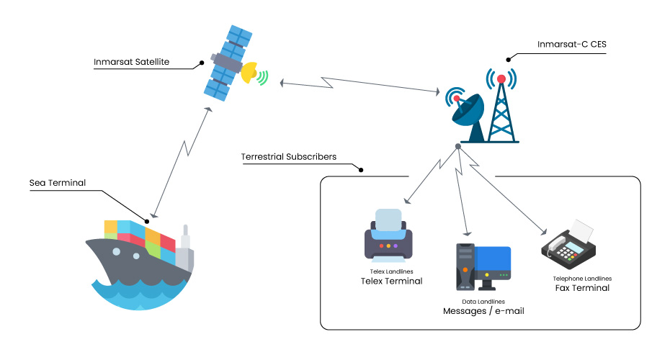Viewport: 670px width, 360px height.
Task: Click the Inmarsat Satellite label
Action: [x=131, y=62]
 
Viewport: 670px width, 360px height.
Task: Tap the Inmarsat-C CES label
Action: [x=572, y=44]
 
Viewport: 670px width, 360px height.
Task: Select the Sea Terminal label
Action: [x=58, y=183]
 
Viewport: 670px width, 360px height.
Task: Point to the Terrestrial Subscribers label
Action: [x=289, y=156]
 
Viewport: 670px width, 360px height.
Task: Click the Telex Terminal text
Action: [x=391, y=281]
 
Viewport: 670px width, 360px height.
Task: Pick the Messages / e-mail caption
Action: [x=483, y=311]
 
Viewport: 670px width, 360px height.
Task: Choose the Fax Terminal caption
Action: [x=582, y=288]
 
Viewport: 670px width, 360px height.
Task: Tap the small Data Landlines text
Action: [x=483, y=301]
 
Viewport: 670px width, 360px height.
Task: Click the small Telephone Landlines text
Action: [x=582, y=278]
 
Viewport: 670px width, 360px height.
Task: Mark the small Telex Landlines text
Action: [x=391, y=271]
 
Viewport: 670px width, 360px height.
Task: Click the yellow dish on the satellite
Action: [x=250, y=71]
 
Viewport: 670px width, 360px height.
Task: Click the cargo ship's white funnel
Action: [x=186, y=238]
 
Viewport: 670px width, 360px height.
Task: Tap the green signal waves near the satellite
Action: [x=264, y=76]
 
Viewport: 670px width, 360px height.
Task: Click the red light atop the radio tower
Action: [x=501, y=78]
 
